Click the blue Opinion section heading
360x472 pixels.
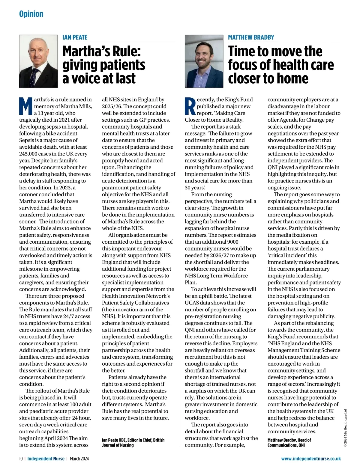pos(31,14)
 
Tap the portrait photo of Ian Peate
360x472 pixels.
pos(38,61)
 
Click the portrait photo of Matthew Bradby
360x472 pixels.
pos(204,61)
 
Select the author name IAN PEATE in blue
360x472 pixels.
pos(75,37)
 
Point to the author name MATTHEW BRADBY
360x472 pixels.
pos(251,37)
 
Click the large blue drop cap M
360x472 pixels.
pos(26,106)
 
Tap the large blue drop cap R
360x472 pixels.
pos(190,106)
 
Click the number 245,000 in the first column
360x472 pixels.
pos(29,154)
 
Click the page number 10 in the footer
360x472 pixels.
pos(21,459)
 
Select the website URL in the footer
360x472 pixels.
pos(311,459)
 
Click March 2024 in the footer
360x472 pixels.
pos(79,459)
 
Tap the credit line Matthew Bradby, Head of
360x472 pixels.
pos(289,440)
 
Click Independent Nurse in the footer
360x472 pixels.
pos(46,459)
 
